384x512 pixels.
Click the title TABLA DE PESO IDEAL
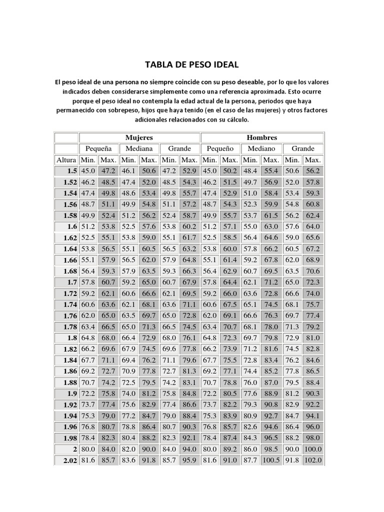click(191, 65)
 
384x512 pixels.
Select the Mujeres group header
click(139, 137)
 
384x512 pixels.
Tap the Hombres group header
click(262, 137)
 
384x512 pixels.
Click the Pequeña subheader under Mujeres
click(98, 148)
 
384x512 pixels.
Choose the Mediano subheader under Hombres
click(261, 148)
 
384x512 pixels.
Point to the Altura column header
click(66, 160)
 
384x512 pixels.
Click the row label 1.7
click(71, 282)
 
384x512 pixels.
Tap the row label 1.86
click(69, 371)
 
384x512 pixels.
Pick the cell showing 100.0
click(313, 449)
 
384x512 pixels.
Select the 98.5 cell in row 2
click(271, 449)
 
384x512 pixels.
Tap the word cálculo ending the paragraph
click(235, 120)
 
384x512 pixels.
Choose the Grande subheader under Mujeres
click(179, 148)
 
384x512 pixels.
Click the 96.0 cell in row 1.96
click(313, 427)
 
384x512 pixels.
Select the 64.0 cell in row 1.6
click(313, 226)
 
